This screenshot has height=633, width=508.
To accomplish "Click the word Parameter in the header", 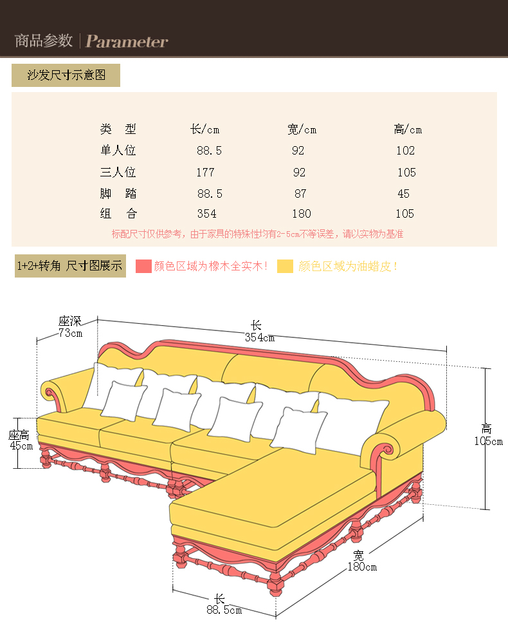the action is coord(127,42).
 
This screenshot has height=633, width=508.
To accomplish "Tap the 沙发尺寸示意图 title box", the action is coord(66,75).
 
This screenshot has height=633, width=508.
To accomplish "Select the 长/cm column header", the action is coord(205,129).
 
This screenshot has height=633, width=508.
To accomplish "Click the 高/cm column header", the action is coord(408,129).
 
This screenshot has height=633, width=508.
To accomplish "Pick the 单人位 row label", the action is coord(118,151).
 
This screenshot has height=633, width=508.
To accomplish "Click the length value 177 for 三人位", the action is coord(205,173).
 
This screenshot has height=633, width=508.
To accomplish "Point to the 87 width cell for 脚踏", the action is coord(300,194).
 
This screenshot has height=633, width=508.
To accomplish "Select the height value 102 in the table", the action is coord(406,151).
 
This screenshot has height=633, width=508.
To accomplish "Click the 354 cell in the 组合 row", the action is coord(207,214).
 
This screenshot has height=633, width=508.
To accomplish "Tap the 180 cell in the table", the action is coord(301,214).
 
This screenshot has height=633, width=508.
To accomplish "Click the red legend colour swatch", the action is coord(143,266).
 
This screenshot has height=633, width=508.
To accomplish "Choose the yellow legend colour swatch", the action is coord(286,266).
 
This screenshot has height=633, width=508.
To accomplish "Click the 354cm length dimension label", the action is coord(259,337).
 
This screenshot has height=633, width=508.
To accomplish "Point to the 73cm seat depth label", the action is coord(70,333).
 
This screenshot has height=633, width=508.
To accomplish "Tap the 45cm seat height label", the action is coord(21,446).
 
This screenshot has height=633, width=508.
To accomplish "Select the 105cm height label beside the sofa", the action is coord(488,441).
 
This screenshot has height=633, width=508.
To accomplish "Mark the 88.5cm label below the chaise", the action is coord(224,610).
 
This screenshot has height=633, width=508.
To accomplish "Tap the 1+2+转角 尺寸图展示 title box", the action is coord(69,266).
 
